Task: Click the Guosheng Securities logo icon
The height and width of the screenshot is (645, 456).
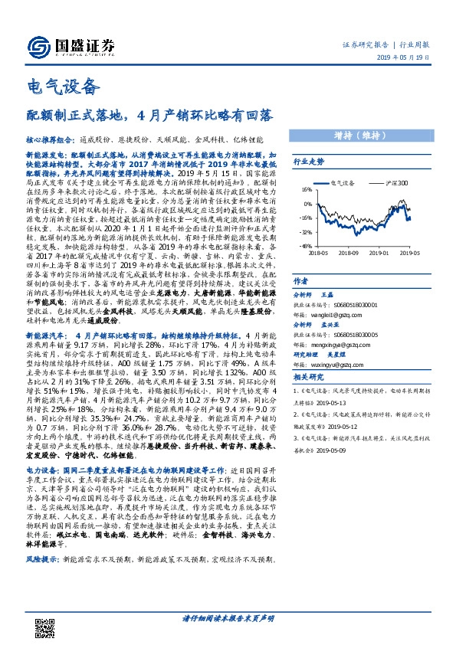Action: tap(36, 44)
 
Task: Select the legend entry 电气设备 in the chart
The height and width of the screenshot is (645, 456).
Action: tap(342, 184)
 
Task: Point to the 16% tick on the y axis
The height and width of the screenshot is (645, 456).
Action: tap(307, 189)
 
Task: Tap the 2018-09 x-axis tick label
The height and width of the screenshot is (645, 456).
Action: tap(347, 252)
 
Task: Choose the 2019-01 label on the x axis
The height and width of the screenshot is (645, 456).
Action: tap(378, 252)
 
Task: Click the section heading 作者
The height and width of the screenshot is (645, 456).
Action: tap(301, 280)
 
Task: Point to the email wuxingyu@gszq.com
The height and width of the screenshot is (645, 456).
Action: tap(335, 364)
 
